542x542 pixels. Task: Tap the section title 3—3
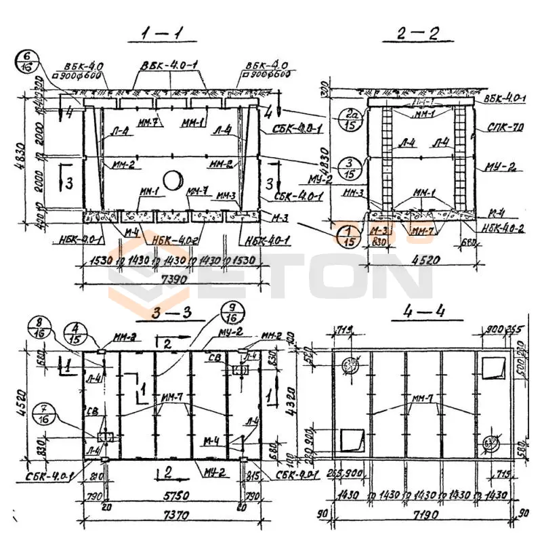(x=162, y=313)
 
